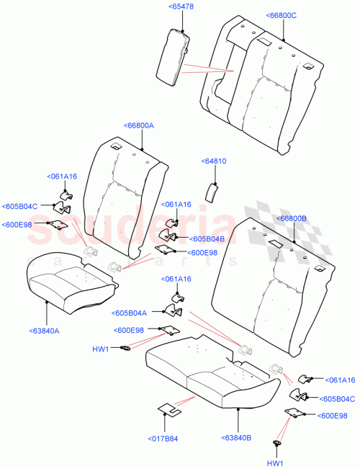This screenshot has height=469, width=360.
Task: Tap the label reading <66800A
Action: (138, 125)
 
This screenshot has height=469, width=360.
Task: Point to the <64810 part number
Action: (214, 161)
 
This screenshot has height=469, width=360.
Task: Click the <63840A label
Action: (45, 331)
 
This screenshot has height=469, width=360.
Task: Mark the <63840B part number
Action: (238, 436)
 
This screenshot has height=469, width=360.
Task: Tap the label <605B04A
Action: (130, 313)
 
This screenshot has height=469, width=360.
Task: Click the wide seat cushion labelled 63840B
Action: (209, 375)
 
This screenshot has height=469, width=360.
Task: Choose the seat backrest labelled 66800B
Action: (274, 288)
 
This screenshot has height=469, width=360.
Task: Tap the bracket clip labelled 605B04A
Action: (174, 311)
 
